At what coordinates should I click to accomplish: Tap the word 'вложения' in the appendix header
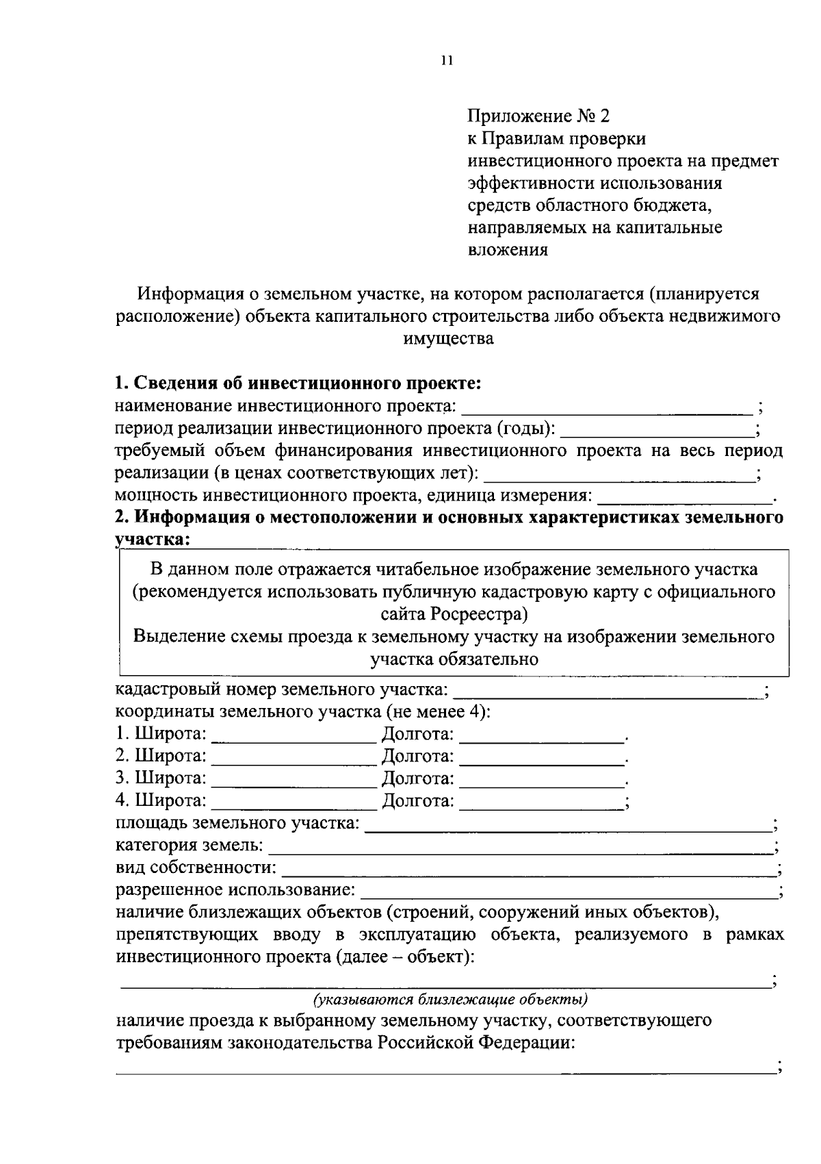tap(508, 250)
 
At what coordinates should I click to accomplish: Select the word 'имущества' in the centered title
tap(449, 338)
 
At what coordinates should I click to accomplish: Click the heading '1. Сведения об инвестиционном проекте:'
tap(298, 383)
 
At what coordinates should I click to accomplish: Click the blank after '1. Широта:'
tap(294, 735)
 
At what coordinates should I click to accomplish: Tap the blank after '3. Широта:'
tap(294, 780)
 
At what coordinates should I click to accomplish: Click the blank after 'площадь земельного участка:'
tap(568, 825)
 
